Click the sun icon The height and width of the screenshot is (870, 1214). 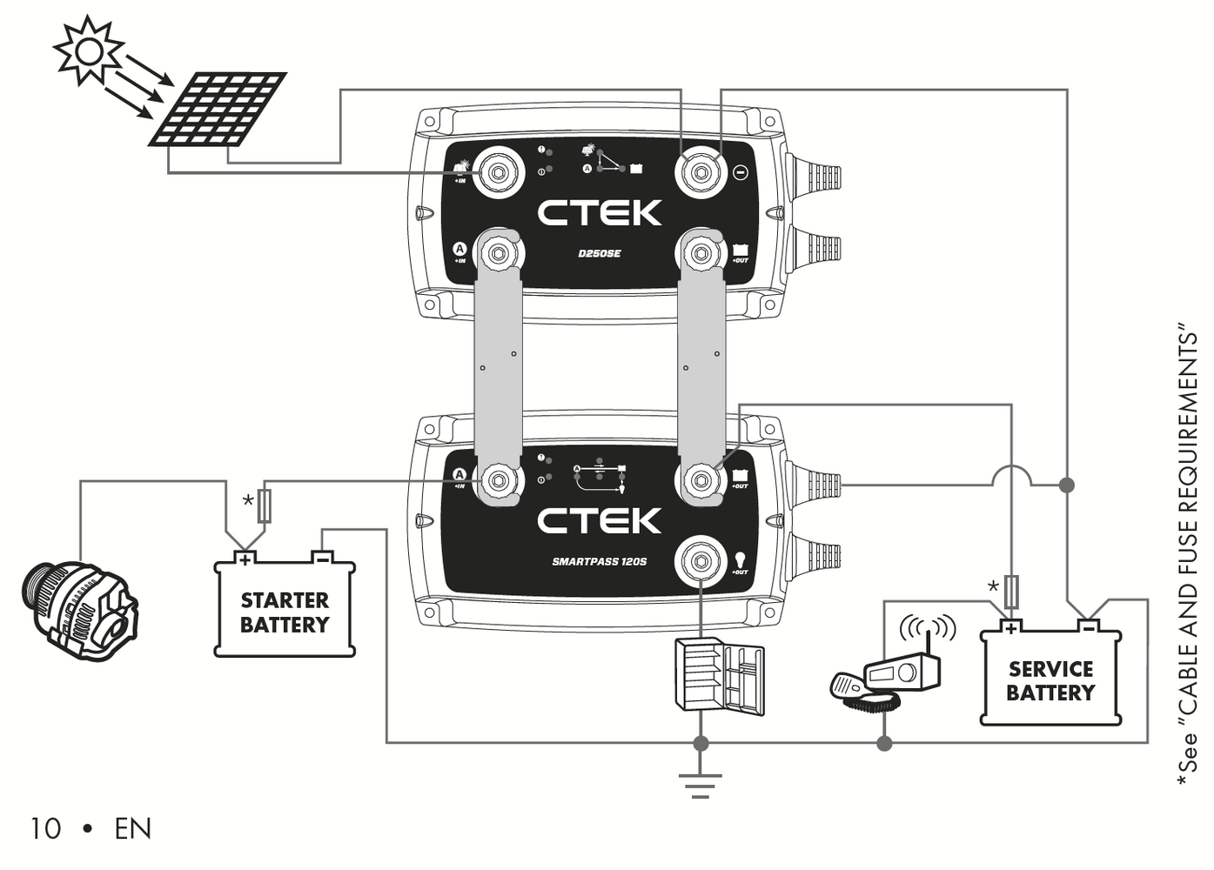click(88, 50)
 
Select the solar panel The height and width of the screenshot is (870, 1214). click(218, 109)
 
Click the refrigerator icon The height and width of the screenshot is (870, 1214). click(720, 676)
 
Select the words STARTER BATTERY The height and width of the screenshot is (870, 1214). click(285, 612)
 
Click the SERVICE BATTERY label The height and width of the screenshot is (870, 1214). click(1050, 681)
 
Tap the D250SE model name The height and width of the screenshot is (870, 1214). click(600, 254)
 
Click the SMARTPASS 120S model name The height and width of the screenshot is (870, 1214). click(600, 562)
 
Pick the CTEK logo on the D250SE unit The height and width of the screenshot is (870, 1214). click(600, 212)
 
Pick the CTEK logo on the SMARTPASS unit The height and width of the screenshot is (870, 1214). click(600, 521)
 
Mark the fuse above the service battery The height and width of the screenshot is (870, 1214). click(1010, 592)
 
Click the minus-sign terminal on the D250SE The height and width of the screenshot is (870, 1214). click(701, 172)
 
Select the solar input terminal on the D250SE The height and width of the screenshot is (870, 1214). click(497, 172)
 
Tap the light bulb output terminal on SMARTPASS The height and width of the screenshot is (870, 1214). click(701, 561)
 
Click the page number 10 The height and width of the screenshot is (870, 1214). click(45, 829)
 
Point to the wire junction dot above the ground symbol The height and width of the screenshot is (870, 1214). click(701, 743)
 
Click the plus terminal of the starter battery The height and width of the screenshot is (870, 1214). click(245, 559)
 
